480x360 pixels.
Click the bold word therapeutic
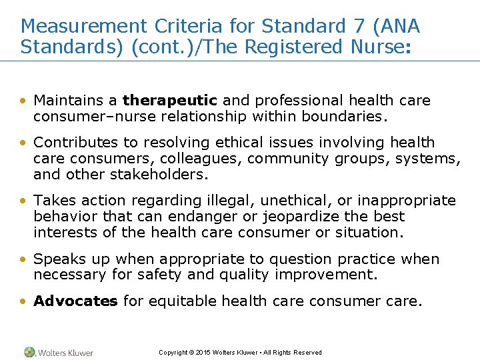(170, 101)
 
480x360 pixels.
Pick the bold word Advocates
(75, 301)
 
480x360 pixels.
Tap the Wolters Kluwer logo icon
(29, 352)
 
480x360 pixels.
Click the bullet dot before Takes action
(24, 201)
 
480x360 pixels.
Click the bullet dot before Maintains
(24, 101)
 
